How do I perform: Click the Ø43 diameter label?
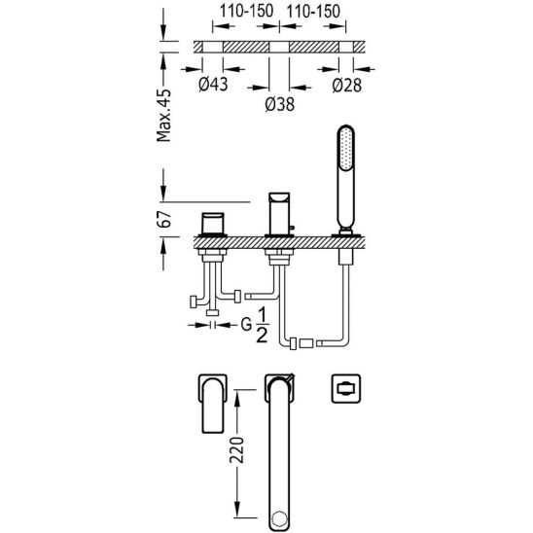tap(213, 85)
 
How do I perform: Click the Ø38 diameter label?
tap(279, 104)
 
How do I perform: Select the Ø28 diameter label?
tap(346, 85)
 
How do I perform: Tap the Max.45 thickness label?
tap(163, 115)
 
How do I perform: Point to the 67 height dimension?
tap(164, 219)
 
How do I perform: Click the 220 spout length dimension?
tap(236, 450)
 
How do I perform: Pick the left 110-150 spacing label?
tap(246, 12)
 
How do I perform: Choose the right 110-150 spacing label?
tap(313, 12)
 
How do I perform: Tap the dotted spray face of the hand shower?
tap(345, 148)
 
